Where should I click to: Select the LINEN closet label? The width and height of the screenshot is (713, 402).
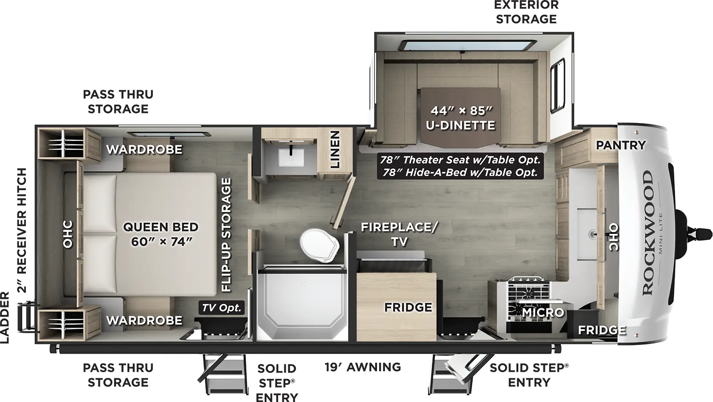[335, 149]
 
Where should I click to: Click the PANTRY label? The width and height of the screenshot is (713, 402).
[621, 145]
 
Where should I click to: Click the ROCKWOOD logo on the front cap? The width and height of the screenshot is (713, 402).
[648, 232]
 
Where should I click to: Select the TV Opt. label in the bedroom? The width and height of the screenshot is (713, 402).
[221, 308]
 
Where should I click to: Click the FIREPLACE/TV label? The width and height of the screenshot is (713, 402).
[399, 234]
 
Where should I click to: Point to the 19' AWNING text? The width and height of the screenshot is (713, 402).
[362, 367]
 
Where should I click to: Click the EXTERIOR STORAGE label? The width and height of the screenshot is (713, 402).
[526, 12]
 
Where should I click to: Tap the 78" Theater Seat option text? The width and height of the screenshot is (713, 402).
[460, 160]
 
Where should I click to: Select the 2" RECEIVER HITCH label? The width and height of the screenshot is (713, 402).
[22, 230]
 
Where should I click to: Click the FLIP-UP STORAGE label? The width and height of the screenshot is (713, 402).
[226, 235]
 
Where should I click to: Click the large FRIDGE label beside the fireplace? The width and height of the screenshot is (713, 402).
[408, 307]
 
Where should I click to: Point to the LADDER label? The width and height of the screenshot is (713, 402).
[5, 318]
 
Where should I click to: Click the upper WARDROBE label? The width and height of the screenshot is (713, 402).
[144, 149]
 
